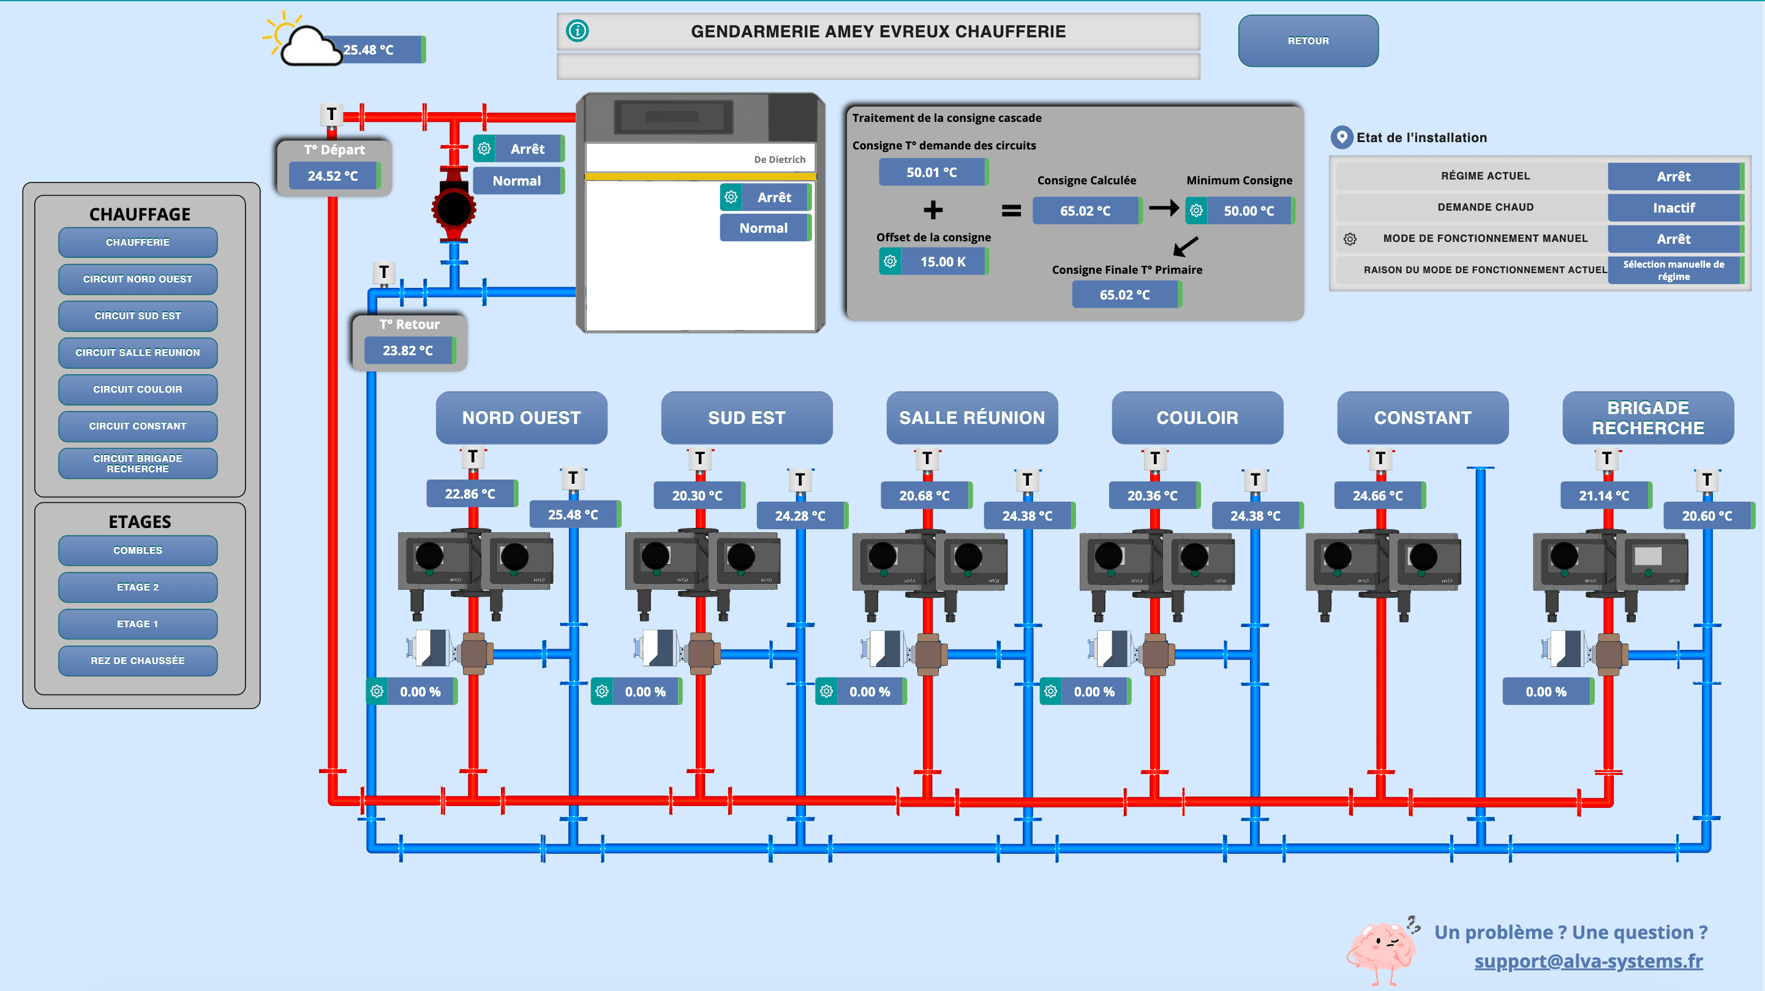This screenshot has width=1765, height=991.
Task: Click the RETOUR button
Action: click(x=1308, y=41)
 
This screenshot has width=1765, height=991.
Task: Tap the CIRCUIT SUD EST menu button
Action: click(x=138, y=316)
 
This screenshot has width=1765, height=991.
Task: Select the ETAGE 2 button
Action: click(x=138, y=587)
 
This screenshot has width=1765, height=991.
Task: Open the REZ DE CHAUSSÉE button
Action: click(x=138, y=661)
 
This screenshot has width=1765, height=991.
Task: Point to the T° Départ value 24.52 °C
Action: click(x=334, y=176)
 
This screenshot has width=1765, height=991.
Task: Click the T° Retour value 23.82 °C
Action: click(x=409, y=351)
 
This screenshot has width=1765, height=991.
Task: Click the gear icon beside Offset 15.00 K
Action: click(x=890, y=262)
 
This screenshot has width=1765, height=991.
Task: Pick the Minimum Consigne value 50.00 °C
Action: click(x=1249, y=211)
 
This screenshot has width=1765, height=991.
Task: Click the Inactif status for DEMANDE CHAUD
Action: click(x=1674, y=208)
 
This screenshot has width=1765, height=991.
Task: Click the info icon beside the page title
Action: click(x=578, y=31)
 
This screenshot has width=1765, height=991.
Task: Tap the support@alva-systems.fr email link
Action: click(x=1588, y=961)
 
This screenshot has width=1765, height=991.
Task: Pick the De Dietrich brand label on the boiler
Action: click(x=780, y=160)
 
